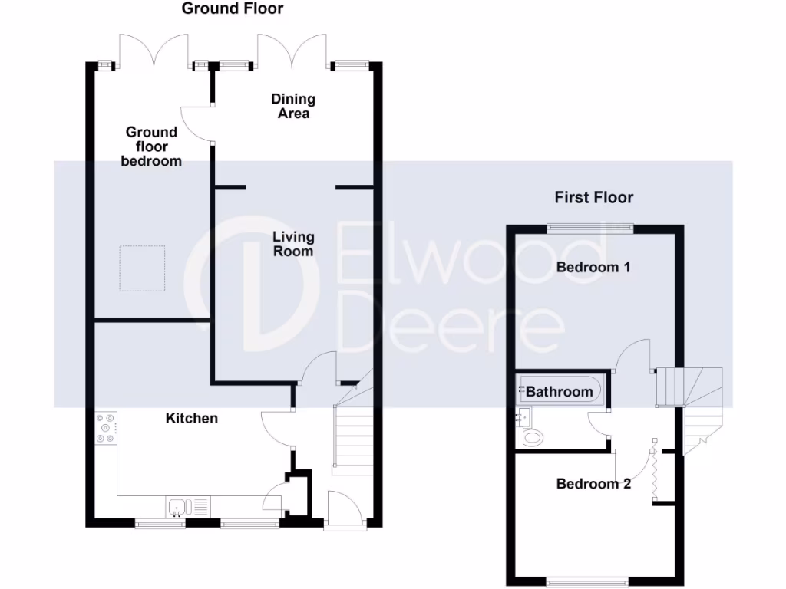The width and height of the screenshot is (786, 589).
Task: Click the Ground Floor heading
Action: tap(233, 9)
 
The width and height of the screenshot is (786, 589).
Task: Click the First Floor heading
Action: tap(594, 198)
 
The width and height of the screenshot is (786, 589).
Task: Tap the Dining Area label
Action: tap(293, 106)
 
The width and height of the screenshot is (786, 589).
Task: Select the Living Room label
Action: tap(292, 244)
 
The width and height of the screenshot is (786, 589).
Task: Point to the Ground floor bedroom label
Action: tap(152, 146)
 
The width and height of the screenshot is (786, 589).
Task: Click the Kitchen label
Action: tap(192, 418)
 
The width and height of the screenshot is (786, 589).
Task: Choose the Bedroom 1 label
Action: tap(593, 268)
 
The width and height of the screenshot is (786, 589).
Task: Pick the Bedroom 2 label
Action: tap(593, 484)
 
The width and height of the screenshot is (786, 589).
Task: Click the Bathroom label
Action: tap(560, 392)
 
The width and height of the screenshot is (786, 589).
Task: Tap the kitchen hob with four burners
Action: tap(105, 429)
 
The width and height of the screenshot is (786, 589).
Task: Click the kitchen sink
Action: tap(177, 506)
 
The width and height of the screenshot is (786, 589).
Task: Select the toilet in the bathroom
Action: tap(531, 438)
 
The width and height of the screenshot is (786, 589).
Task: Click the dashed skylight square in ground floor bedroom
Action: tap(142, 268)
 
